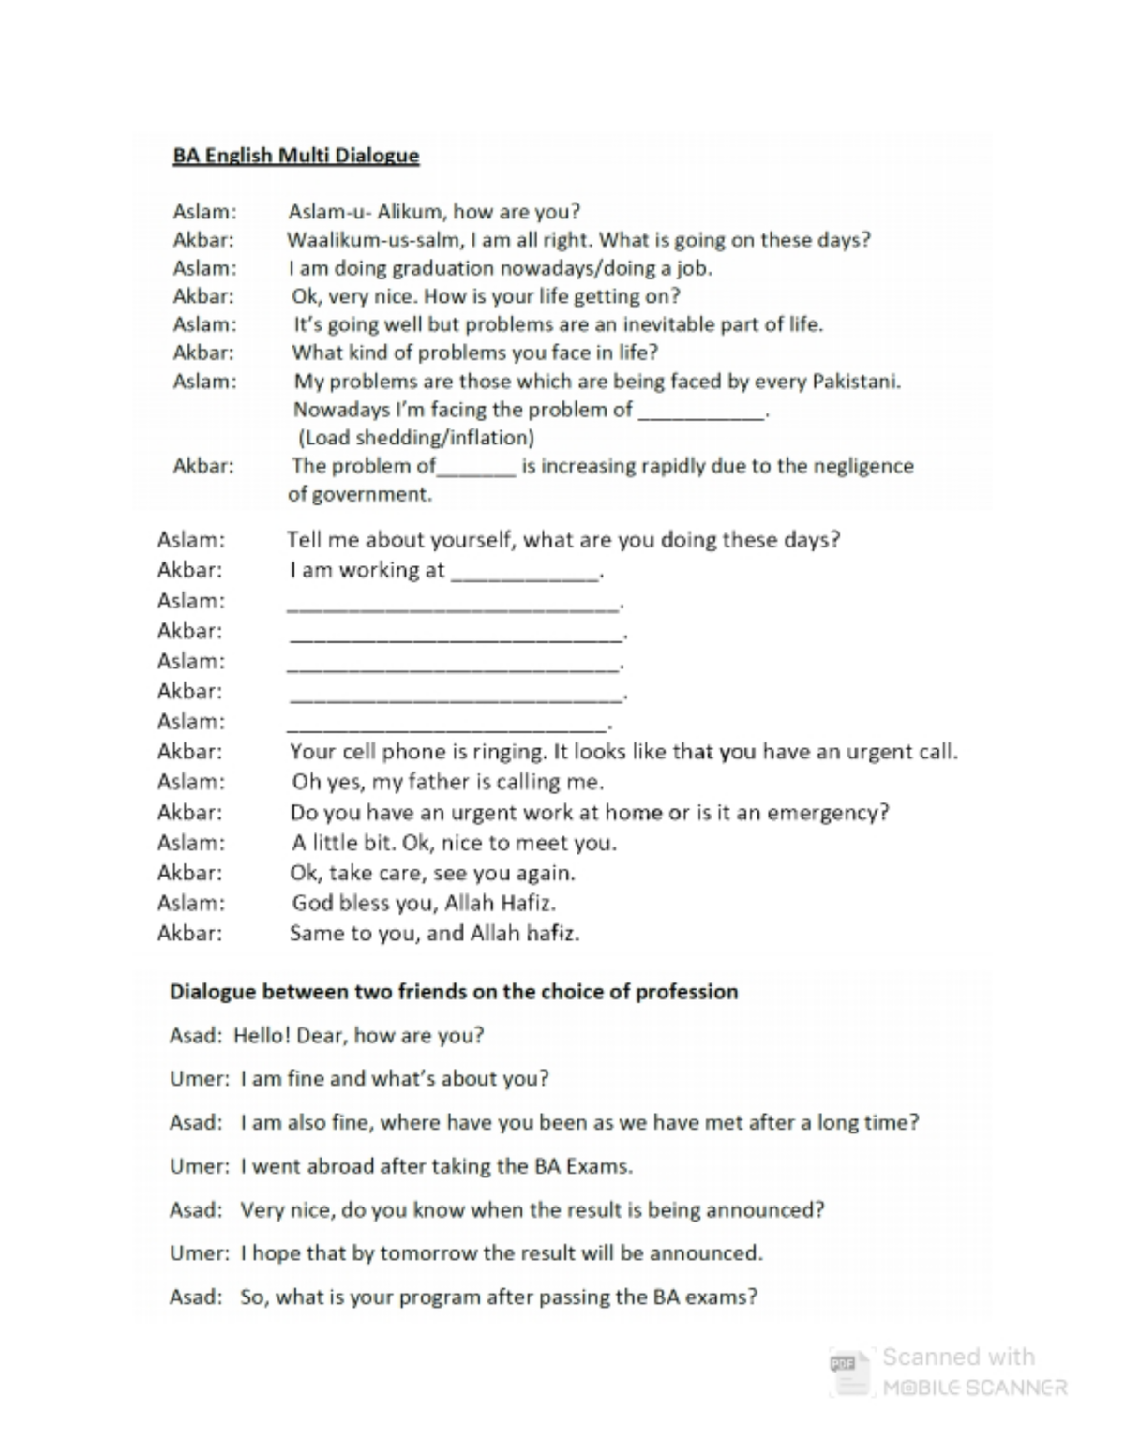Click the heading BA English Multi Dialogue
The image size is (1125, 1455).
pyautogui.click(x=295, y=156)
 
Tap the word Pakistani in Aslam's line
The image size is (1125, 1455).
pyautogui.click(x=855, y=382)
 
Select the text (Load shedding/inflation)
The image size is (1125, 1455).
pyautogui.click(x=415, y=438)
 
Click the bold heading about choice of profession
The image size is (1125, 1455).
pyautogui.click(x=454, y=992)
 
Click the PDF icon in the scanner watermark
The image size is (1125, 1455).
pyautogui.click(x=844, y=1365)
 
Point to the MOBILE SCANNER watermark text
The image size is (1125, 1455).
pyautogui.click(x=975, y=1387)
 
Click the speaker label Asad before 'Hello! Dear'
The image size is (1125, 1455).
pyautogui.click(x=195, y=1036)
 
